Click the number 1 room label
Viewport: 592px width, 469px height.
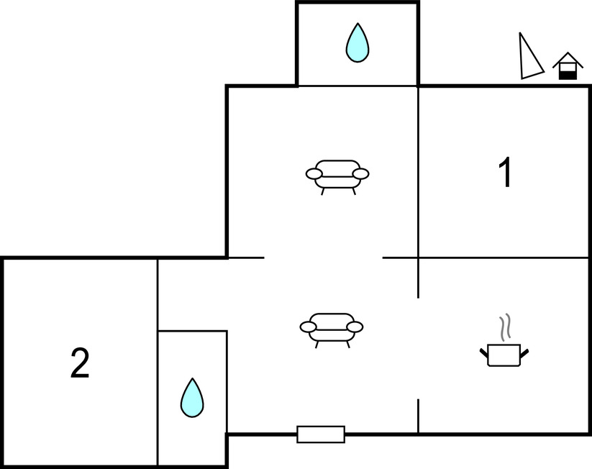(x=506, y=173)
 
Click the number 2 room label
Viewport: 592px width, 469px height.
(x=80, y=363)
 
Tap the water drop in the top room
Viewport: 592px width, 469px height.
(x=357, y=42)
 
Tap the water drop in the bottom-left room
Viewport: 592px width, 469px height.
(x=191, y=397)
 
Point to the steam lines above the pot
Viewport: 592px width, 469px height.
(x=506, y=326)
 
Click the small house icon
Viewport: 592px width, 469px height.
(x=568, y=67)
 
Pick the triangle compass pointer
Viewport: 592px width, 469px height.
(x=529, y=58)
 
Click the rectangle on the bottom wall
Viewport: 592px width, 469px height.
(x=321, y=434)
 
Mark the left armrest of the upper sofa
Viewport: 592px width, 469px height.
(x=314, y=173)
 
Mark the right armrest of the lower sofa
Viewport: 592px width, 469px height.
(x=355, y=327)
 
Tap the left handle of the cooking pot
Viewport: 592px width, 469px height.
(x=483, y=352)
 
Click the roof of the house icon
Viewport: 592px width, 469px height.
(x=568, y=59)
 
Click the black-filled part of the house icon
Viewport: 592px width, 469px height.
(x=569, y=74)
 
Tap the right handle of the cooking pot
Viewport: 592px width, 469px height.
(x=525, y=352)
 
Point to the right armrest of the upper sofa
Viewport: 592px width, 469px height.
(x=360, y=173)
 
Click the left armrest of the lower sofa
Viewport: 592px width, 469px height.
(x=309, y=327)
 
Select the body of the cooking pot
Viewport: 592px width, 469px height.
(x=504, y=355)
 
